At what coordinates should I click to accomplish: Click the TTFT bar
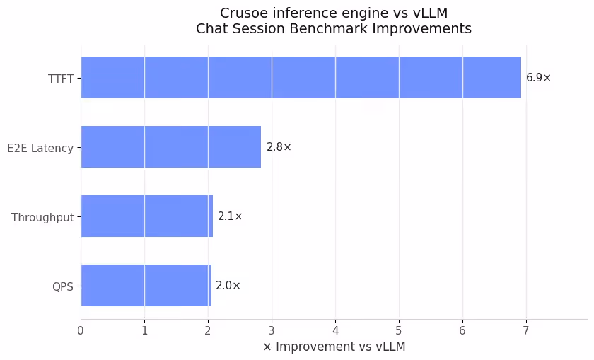coord(301,78)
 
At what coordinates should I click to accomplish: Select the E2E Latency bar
coord(170,147)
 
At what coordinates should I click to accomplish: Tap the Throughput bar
coord(146,216)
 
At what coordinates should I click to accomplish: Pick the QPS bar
coord(145,285)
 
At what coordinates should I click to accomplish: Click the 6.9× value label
coord(538,78)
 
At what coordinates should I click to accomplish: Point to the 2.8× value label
coord(279,147)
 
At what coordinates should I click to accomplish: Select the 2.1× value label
coord(230,216)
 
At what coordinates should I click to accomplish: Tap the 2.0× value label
coord(228,286)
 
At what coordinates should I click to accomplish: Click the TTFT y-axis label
coord(61,78)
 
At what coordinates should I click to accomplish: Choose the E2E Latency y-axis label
coord(40,148)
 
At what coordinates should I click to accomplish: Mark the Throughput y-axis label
coord(42,217)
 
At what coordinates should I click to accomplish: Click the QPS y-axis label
coord(62,286)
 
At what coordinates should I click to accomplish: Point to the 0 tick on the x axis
coord(81,330)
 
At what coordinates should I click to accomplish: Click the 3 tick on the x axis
coord(272,330)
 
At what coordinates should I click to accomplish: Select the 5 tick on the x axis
coord(399,330)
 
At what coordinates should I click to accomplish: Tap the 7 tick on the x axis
coord(526,330)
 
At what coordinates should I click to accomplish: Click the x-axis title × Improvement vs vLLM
coord(334,347)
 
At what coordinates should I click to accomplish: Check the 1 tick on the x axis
coord(144,330)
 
